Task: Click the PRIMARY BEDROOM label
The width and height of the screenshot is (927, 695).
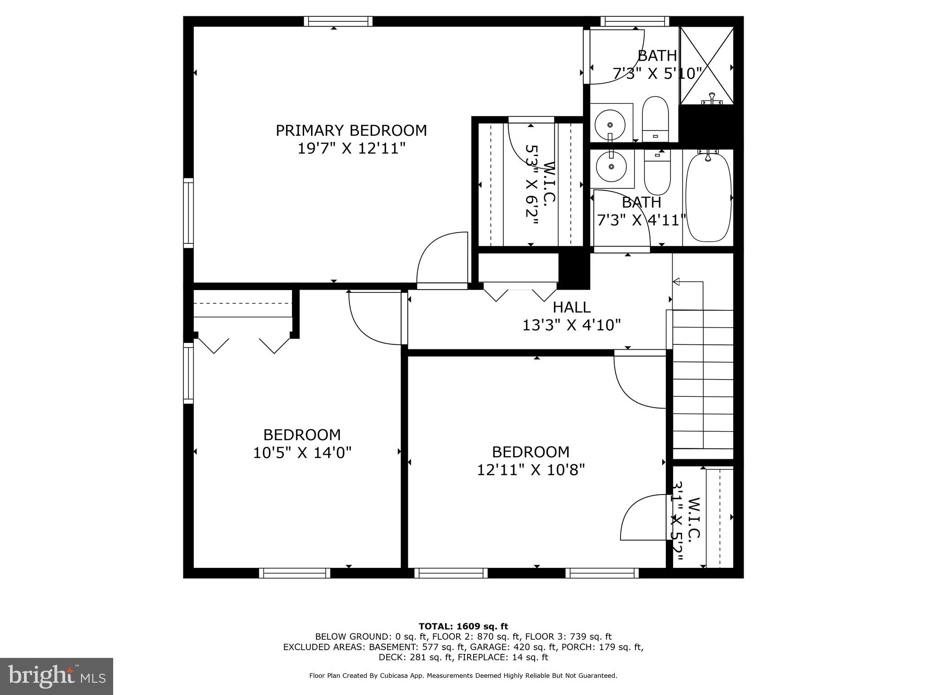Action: pos(351,130)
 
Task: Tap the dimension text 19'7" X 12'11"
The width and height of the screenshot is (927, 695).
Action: pos(351,148)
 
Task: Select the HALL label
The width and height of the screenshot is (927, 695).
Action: pos(571,307)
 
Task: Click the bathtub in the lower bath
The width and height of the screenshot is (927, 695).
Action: pos(708,198)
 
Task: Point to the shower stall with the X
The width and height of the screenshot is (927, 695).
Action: pos(707,66)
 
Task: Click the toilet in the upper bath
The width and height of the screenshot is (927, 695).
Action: pos(655,119)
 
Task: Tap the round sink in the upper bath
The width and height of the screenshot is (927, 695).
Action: pos(610,124)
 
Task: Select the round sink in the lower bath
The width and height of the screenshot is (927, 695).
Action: pos(611,167)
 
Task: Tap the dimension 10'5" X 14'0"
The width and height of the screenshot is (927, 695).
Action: pos(302,452)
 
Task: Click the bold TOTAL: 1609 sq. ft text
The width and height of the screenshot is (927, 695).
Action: pos(463,626)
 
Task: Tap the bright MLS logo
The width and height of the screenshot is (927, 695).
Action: pos(57,676)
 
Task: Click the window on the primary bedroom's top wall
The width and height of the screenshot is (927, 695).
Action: pos(338,21)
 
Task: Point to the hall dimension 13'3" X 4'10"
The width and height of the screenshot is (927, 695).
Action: pos(571,325)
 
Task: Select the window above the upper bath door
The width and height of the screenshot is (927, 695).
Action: pos(635,21)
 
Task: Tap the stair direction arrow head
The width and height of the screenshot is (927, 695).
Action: pos(676,282)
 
